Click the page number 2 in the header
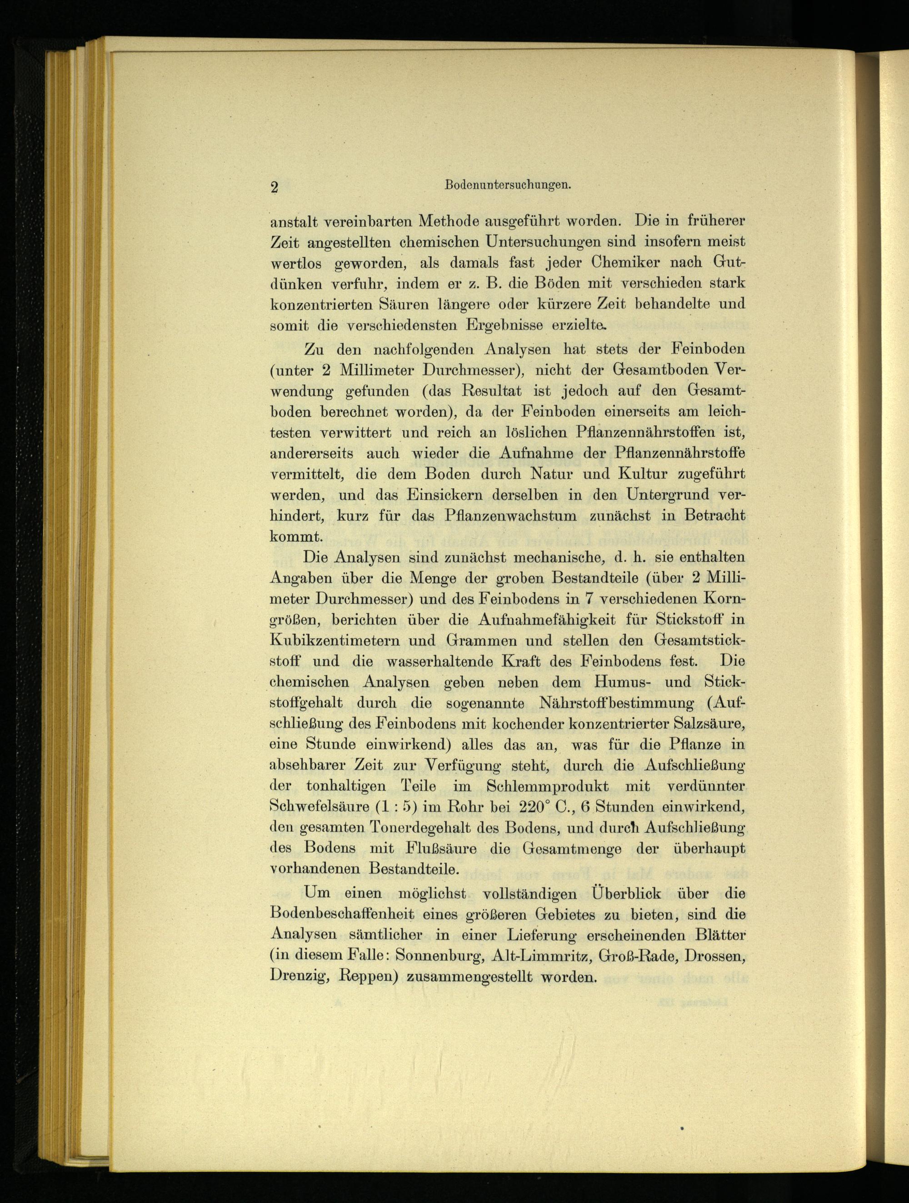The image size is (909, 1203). (x=274, y=187)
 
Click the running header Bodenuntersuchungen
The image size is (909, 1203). (x=507, y=184)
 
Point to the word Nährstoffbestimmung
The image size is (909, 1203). (x=615, y=703)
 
